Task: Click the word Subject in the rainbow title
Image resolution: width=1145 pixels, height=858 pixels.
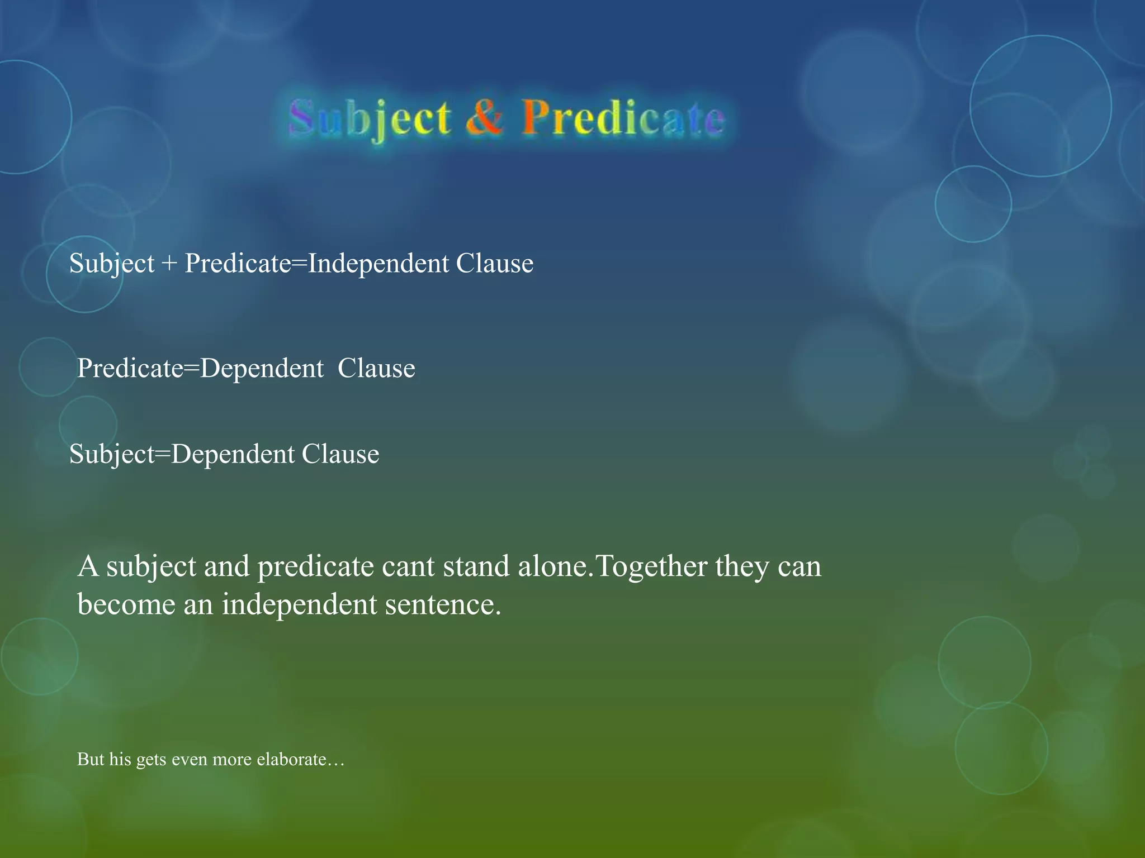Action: tap(370, 118)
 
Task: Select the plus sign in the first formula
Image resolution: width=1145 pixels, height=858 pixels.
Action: tap(169, 264)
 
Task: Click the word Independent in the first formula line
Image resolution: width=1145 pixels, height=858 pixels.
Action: tap(378, 264)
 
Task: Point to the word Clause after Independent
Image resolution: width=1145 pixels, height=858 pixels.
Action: tap(494, 264)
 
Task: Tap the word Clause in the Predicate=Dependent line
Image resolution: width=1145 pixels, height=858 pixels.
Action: tap(376, 369)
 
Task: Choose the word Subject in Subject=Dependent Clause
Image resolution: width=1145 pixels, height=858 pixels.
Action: tap(111, 455)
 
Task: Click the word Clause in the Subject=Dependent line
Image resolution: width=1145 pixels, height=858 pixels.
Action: tap(340, 455)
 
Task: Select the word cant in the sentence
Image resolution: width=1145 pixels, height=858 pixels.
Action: tap(407, 566)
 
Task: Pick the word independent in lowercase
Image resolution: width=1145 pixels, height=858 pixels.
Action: tap(299, 604)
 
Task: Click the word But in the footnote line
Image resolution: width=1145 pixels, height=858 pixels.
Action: tap(90, 760)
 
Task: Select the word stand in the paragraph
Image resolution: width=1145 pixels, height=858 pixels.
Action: tap(475, 566)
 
